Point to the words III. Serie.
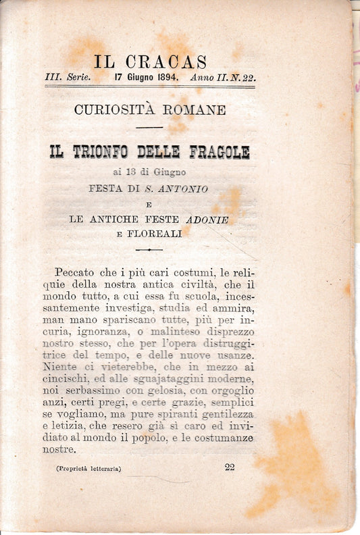(x=67, y=78)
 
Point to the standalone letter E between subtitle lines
(x=149, y=204)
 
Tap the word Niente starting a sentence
(x=61, y=367)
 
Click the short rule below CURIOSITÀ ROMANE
(x=149, y=127)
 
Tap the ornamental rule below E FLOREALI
(x=149, y=249)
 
